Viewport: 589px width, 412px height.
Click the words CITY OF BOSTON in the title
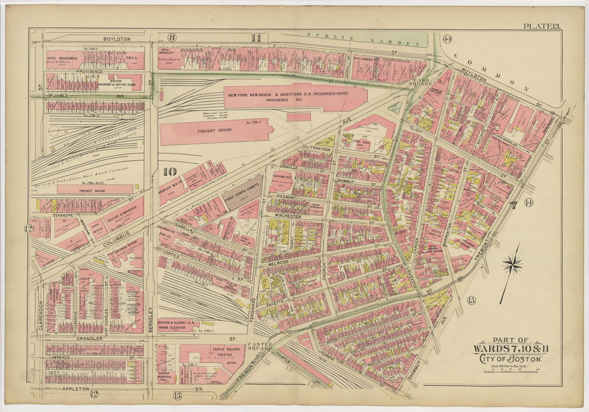tap(511, 358)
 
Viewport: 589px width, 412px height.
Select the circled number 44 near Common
tap(447, 39)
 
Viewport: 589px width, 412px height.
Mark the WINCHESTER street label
tap(289, 216)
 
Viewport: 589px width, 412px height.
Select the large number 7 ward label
tap(513, 205)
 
